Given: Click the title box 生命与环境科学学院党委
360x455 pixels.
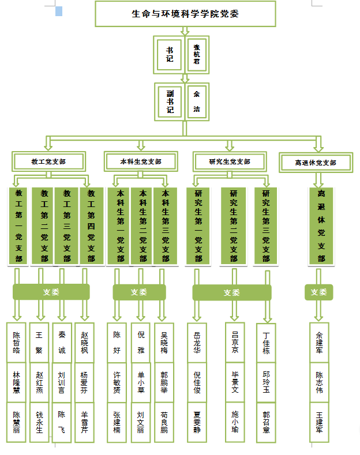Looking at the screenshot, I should click(x=185, y=14).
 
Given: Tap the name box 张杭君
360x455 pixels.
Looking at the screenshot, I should click(x=197, y=54).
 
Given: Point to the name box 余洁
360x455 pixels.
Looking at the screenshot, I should click(x=197, y=101).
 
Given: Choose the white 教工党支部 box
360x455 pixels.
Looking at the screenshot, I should click(x=48, y=161).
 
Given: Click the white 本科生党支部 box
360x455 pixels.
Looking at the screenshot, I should click(x=140, y=161).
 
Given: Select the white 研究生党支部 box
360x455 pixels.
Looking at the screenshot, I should click(x=230, y=161).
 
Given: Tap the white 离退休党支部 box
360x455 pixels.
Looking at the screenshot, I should click(x=315, y=163).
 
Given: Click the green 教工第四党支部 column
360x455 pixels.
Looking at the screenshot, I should click(x=91, y=226).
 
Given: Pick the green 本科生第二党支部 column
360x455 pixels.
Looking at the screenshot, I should click(x=142, y=226).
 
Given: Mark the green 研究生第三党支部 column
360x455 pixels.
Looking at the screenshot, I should click(x=266, y=226).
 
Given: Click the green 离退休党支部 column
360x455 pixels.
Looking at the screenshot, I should click(x=321, y=226).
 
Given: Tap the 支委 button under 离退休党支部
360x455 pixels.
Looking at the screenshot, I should click(x=319, y=292).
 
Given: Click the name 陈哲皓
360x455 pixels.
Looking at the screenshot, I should click(x=17, y=342).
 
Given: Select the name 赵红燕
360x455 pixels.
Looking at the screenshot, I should click(x=39, y=382).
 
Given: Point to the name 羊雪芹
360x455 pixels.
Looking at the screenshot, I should click(x=84, y=422).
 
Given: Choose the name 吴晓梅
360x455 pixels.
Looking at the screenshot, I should click(x=164, y=342).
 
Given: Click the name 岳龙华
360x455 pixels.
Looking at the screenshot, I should click(x=198, y=342).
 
